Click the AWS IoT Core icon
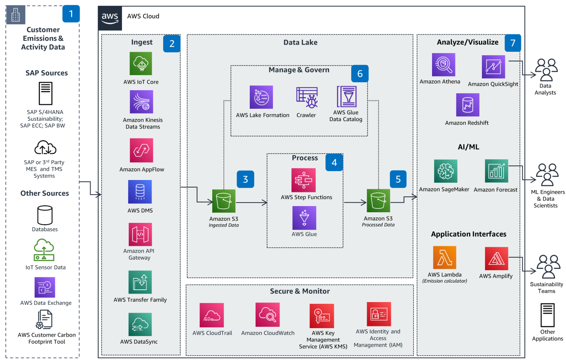tap(141, 63)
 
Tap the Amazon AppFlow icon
tap(141, 150)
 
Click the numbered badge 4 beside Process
tap(334, 162)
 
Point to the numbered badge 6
tap(359, 73)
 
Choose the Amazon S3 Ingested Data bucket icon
tap(224, 201)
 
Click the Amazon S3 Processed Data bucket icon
tap(378, 201)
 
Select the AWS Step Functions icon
tap(304, 180)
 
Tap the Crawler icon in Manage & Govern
tap(306, 97)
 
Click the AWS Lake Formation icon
tap(261, 97)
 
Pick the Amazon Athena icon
tap(444, 65)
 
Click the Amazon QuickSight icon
tap(493, 67)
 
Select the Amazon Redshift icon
tap(467, 105)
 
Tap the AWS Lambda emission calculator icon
tap(444, 258)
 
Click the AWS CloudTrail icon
tap(212, 315)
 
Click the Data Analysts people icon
tap(546, 70)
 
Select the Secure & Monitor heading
tap(300, 291)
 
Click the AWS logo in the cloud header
tap(110, 18)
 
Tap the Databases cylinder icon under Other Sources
tap(45, 215)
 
